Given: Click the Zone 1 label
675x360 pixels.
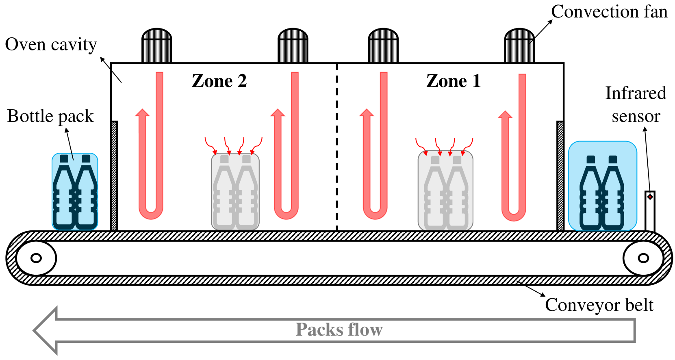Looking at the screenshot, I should point(454,81).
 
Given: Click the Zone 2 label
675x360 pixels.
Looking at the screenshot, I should point(219,81).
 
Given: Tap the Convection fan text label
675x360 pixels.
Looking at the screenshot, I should point(609,11).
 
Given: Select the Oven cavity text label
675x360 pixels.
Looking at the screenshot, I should point(51,44).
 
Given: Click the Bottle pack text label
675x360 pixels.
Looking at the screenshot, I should point(50,116).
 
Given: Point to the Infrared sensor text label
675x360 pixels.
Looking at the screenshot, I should point(636,104).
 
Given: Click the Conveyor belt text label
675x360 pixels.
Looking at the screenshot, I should point(599,305).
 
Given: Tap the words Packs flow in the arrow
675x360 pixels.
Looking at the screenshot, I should point(339,330).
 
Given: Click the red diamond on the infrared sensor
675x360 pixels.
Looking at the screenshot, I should point(650,197).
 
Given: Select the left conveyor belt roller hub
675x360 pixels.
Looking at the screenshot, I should point(36,258).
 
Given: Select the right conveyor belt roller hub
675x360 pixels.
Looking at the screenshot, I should point(643,258).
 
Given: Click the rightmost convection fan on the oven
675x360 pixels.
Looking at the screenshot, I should point(519,46).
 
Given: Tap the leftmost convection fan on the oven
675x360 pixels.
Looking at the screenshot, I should point(156,46).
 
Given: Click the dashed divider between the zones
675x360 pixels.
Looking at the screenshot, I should point(337,146).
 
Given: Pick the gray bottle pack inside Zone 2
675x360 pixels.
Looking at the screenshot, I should point(235,191).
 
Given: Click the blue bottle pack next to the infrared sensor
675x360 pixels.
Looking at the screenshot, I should point(602,186).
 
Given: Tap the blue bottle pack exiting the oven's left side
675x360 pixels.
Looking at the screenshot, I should point(75,191).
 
